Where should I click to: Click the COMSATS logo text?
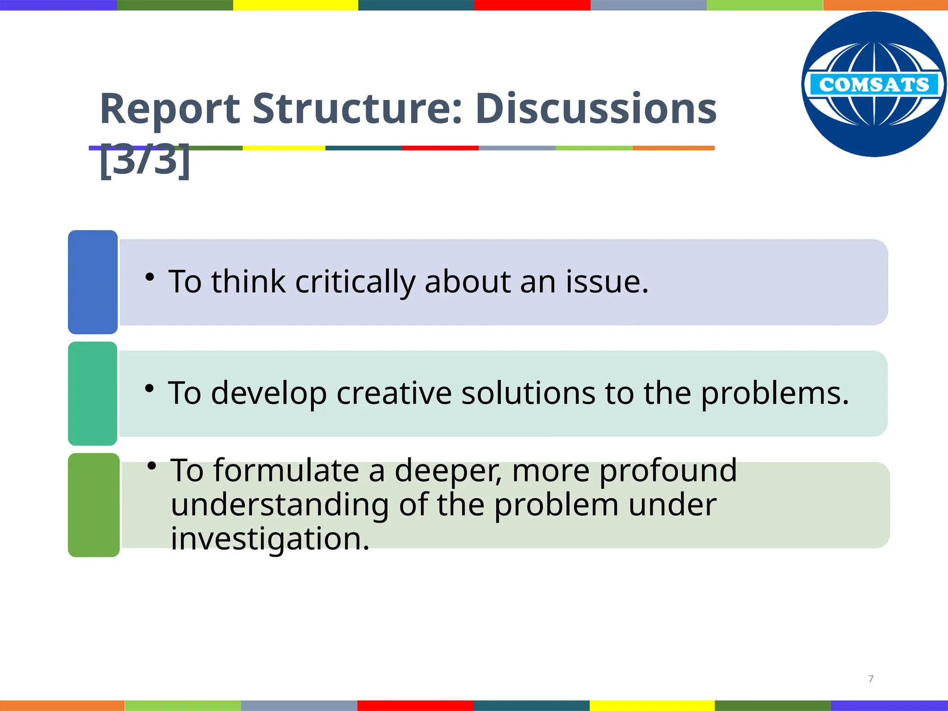874,85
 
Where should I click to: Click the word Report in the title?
170,109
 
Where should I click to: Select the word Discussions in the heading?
596,109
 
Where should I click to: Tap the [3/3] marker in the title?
145,160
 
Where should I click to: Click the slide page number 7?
871,679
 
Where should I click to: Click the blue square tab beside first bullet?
93,282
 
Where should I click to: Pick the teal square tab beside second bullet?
93,393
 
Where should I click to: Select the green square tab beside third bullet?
94,505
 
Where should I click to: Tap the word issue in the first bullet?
607,282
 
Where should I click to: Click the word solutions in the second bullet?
528,393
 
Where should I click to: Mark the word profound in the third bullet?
668,470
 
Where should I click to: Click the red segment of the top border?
532,5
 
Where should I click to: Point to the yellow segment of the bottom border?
652,705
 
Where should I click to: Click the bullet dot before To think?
149,277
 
